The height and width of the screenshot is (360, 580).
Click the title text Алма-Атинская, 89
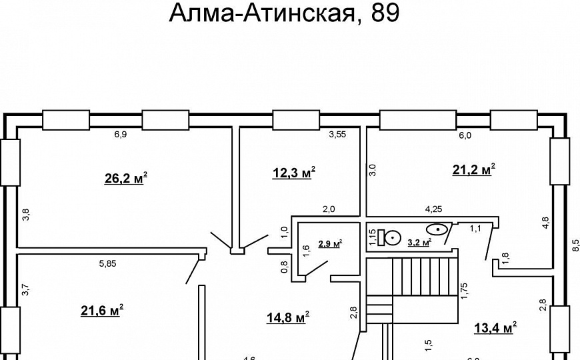pyautogui.click(x=284, y=13)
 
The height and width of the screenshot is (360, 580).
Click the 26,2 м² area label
pyautogui.click(x=125, y=178)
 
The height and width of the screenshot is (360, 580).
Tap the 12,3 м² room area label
pyautogui.click(x=293, y=173)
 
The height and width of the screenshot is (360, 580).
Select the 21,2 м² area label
pyautogui.click(x=473, y=170)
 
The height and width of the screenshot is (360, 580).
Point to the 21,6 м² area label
pyautogui.click(x=101, y=310)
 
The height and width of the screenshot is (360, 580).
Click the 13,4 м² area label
pyautogui.click(x=495, y=327)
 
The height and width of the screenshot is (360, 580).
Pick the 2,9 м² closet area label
pyautogui.click(x=329, y=244)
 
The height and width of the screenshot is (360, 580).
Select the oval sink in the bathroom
pyautogui.click(x=437, y=229)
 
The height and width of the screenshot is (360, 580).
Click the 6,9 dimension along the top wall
pyautogui.click(x=120, y=135)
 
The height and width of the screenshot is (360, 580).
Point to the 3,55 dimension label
pyautogui.click(x=337, y=135)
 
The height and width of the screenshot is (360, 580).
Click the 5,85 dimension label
pyautogui.click(x=107, y=263)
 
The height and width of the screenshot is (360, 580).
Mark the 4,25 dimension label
pyautogui.click(x=434, y=209)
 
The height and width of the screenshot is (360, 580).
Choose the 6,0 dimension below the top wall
pyautogui.click(x=464, y=135)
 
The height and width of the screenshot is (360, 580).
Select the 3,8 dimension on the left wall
pyautogui.click(x=26, y=215)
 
